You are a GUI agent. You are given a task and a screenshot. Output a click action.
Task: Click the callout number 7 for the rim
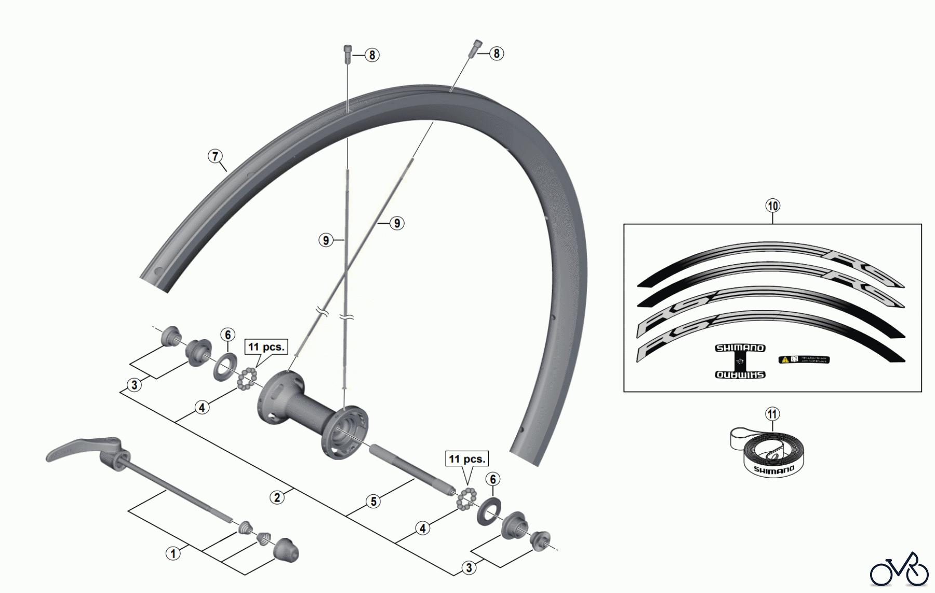coord(215,156)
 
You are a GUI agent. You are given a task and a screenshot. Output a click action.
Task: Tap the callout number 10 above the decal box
coord(772,206)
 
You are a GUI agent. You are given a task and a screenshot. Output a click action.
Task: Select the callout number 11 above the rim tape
coord(772,414)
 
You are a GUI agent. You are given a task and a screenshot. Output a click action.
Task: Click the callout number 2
coord(277,497)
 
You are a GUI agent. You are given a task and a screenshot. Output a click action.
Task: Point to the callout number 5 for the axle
coord(373,502)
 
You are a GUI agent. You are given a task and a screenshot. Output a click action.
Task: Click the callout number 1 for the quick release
coord(173,553)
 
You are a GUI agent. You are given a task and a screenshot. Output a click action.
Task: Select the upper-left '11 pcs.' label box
coord(266,347)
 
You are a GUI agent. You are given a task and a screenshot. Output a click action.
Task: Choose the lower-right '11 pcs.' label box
coord(466,459)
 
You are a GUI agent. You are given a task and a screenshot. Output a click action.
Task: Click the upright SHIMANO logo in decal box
coord(740,348)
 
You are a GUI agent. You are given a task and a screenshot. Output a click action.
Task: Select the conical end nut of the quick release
coord(286,550)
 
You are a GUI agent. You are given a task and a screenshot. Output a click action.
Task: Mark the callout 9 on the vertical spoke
coord(326,240)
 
